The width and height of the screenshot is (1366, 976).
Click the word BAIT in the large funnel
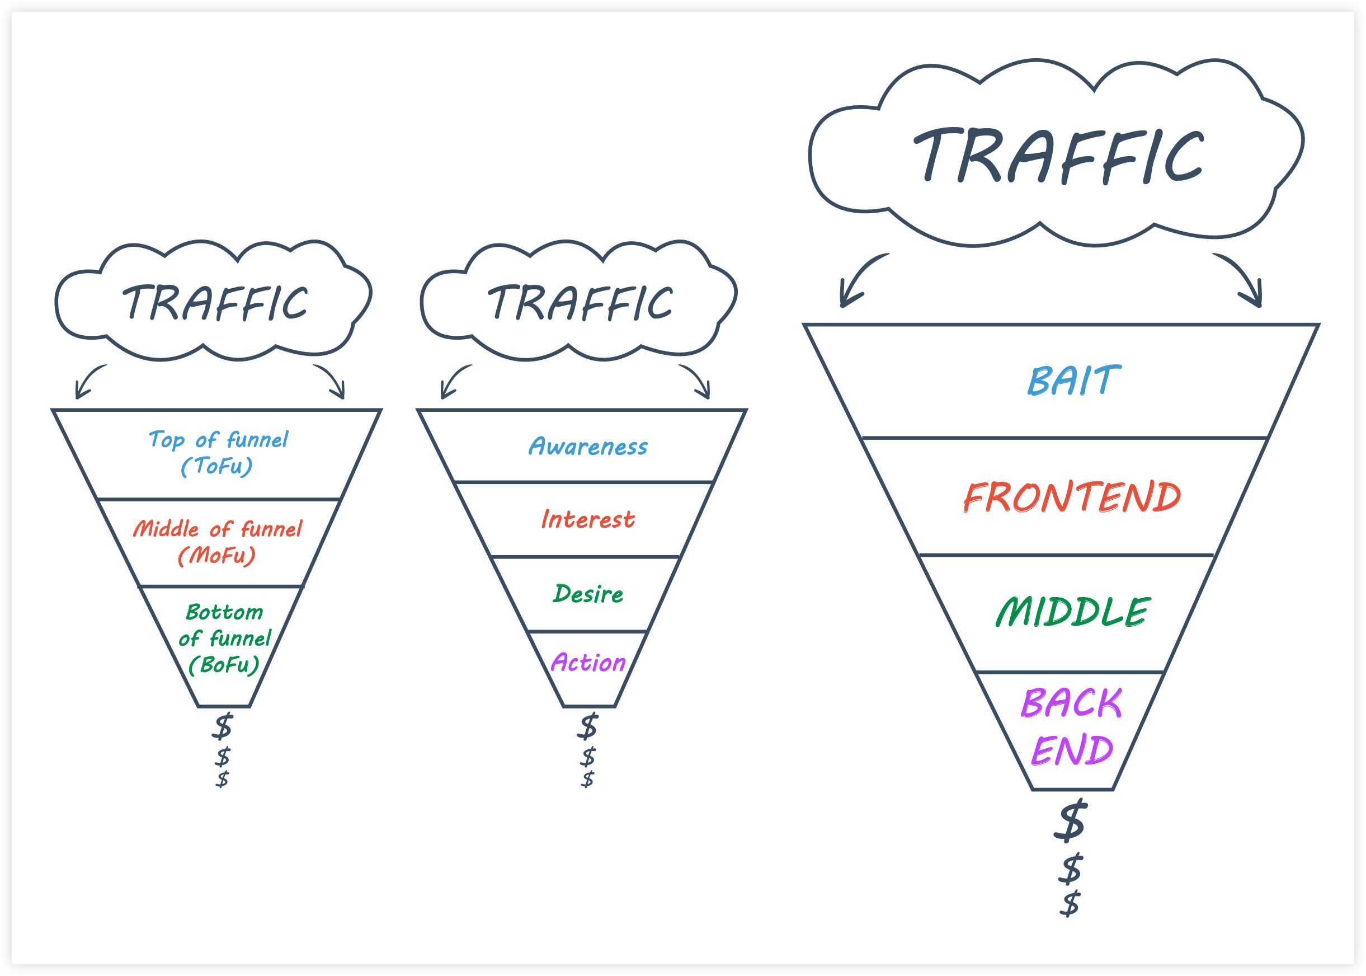[1073, 381]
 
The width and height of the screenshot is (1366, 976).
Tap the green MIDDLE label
[1073, 612]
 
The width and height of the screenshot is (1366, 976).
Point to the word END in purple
[1072, 750]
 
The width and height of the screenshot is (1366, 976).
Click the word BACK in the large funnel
[1072, 702]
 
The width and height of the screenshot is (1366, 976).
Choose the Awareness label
[588, 447]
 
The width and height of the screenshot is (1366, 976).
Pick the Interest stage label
[587, 519]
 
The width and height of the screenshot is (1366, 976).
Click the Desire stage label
[588, 594]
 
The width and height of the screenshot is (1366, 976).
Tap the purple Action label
[588, 662]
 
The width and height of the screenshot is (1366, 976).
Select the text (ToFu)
[217, 466]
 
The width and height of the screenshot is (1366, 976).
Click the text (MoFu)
[217, 555]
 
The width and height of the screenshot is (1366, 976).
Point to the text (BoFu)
[224, 665]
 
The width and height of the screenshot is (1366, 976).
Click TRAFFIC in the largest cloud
[1058, 155]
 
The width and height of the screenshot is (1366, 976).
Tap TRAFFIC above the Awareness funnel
[580, 302]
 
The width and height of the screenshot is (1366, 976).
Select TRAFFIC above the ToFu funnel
[215, 302]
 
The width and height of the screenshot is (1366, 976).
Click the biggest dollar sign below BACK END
[1071, 820]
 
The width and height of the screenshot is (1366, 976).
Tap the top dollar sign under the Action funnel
[587, 726]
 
